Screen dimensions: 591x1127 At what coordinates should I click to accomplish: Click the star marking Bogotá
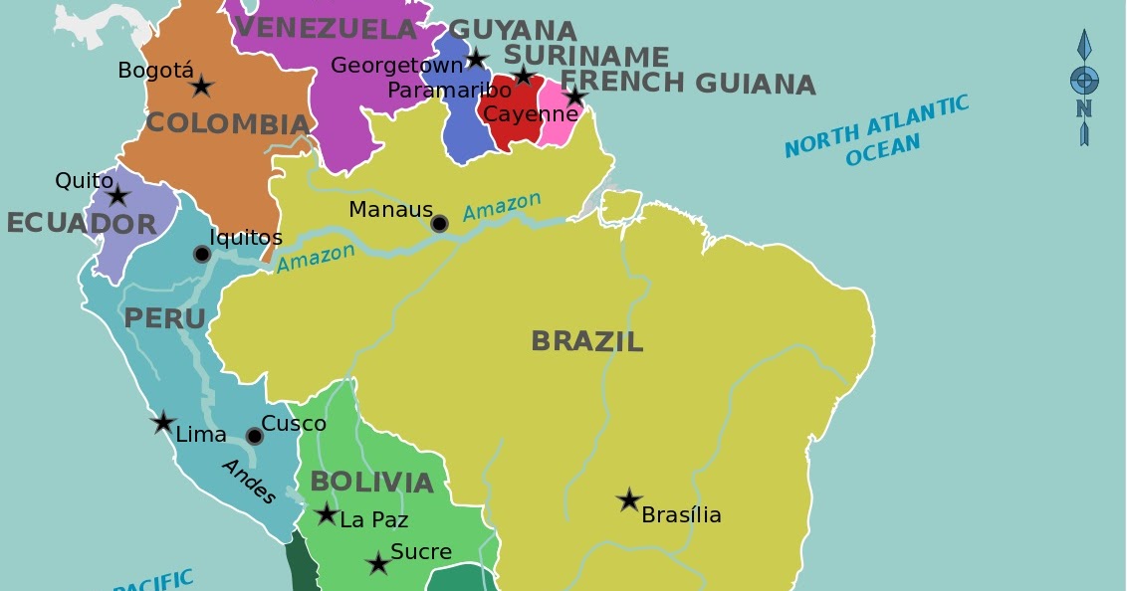(x=201, y=87)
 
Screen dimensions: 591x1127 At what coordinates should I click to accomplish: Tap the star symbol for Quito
(x=117, y=195)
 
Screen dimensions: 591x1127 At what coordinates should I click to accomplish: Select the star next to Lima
(x=163, y=422)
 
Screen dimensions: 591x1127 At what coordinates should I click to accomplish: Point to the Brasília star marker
(x=628, y=499)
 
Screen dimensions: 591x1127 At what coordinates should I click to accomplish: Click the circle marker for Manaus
(x=439, y=224)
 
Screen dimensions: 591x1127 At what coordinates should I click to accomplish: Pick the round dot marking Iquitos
(x=201, y=255)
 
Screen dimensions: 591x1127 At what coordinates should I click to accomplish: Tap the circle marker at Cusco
(x=254, y=436)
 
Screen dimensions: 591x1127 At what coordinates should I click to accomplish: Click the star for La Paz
(x=327, y=513)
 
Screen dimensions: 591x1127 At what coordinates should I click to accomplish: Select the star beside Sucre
(x=377, y=564)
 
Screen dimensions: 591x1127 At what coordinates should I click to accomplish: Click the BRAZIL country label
(x=586, y=341)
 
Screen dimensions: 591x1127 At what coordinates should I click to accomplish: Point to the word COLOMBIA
(x=228, y=124)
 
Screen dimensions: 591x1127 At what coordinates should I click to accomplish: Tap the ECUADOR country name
(x=82, y=224)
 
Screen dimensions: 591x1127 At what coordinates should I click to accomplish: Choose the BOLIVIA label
(x=371, y=483)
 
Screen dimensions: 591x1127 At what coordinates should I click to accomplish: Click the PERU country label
(x=164, y=319)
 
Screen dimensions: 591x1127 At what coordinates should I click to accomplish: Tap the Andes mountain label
(x=248, y=482)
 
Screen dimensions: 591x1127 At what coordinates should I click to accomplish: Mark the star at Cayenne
(x=574, y=97)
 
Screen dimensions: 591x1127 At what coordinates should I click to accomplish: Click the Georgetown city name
(x=397, y=66)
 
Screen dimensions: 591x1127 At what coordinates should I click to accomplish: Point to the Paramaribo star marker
(x=523, y=76)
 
